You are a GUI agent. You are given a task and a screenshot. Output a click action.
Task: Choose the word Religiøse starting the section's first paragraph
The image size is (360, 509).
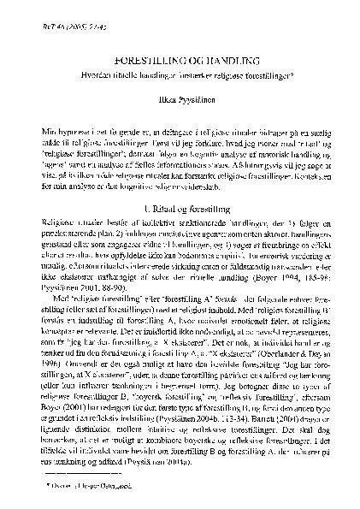pos(57,222)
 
